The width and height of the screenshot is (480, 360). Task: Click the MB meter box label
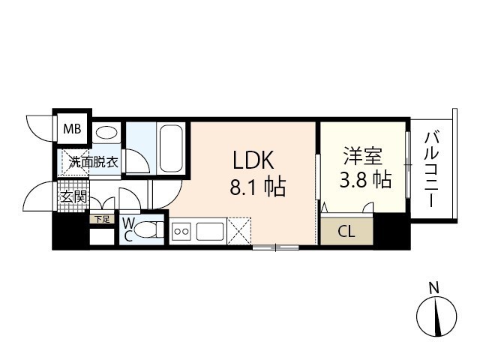coord(72,129)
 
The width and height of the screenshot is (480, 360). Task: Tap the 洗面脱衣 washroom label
coord(93,161)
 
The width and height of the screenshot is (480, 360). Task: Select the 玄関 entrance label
coord(73,199)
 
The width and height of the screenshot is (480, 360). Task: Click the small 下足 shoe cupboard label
coord(101,219)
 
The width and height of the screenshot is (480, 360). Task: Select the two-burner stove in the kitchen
coord(181,232)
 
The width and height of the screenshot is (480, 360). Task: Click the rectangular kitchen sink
coord(211,232)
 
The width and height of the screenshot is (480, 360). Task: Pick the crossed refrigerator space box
coord(242,232)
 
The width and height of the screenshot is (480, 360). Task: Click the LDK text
coord(253,160)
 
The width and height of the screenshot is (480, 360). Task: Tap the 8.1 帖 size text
coord(257,186)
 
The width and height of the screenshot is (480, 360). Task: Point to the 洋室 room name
coord(363,157)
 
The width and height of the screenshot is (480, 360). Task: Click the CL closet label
coord(346,232)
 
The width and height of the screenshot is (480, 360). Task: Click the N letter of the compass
coord(433,286)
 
